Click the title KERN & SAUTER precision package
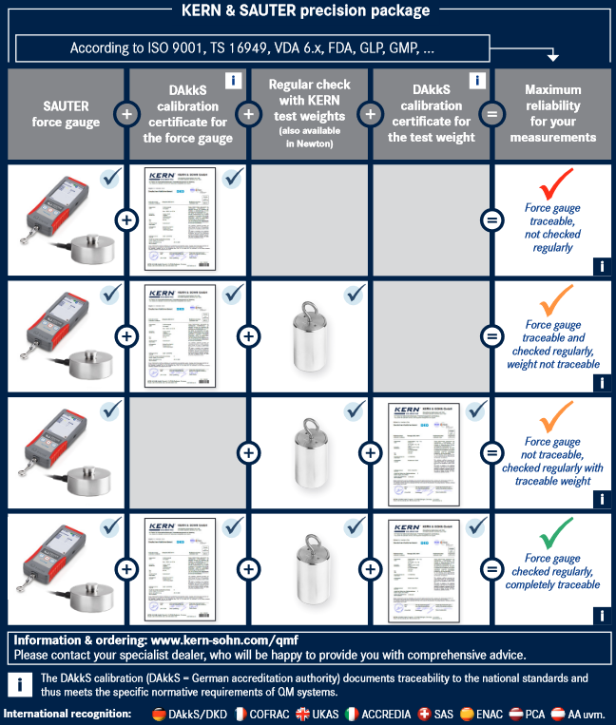tap(306, 11)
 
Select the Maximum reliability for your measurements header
tap(552, 114)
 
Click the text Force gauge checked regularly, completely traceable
tap(552, 571)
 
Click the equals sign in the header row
tap(491, 114)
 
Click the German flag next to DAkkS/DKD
tap(159, 713)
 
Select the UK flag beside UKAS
tap(304, 713)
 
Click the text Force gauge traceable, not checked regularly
tap(552, 227)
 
